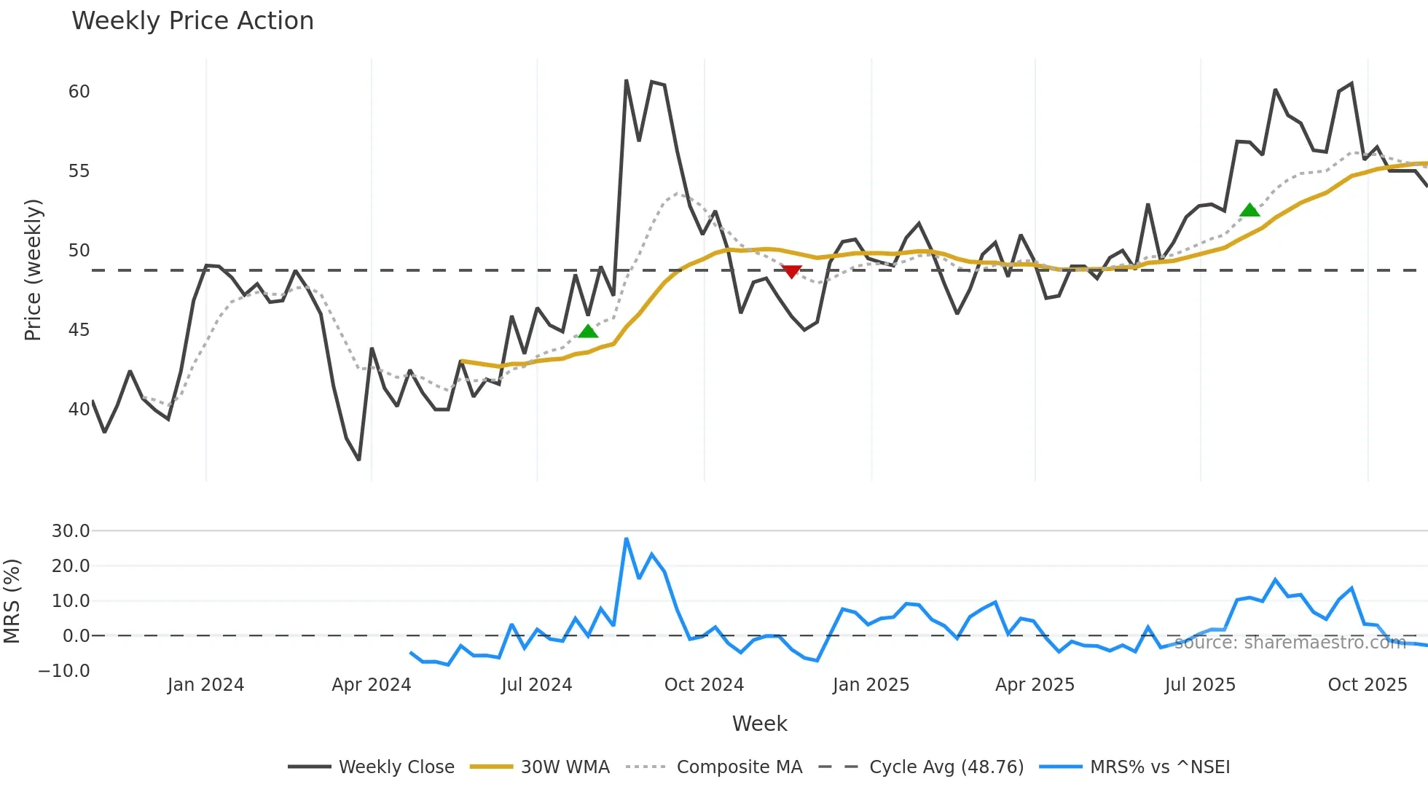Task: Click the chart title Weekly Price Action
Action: [x=192, y=21]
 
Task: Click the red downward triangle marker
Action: [x=791, y=272]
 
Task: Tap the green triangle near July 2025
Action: [x=1249, y=211]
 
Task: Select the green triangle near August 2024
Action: [x=588, y=332]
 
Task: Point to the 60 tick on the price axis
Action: [x=79, y=92]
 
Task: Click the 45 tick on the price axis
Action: [x=79, y=330]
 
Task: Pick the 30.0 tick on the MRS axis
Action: [x=71, y=531]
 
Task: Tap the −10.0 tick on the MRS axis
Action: [x=64, y=671]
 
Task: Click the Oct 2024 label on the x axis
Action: [x=704, y=685]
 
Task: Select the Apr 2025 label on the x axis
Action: [x=1035, y=685]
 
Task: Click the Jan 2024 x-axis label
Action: [x=205, y=685]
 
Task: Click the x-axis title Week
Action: [x=759, y=724]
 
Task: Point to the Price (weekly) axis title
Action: [x=33, y=270]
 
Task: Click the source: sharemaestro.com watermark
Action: [x=1290, y=643]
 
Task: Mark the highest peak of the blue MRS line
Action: [x=627, y=539]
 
